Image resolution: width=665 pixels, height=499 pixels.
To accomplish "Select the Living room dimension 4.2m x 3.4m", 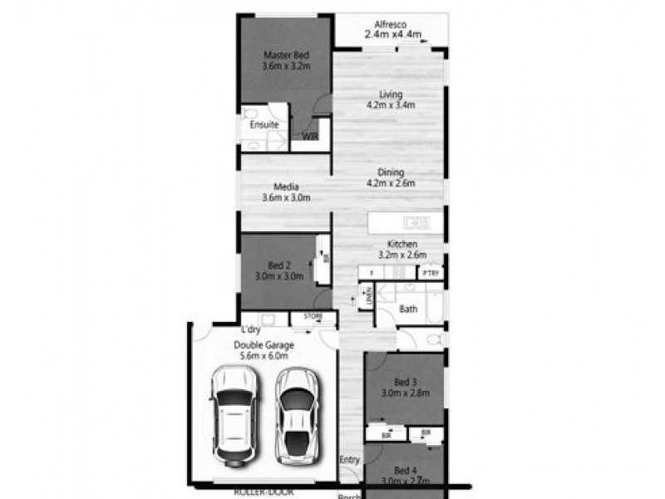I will [x=391, y=106].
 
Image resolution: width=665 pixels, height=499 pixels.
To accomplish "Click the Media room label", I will [x=285, y=186].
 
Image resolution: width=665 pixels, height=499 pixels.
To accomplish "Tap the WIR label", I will [x=310, y=136].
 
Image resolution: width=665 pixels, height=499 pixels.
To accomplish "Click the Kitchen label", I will [x=403, y=244].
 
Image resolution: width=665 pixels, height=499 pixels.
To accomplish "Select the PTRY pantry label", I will [x=430, y=273].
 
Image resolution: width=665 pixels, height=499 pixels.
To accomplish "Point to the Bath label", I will [x=408, y=309].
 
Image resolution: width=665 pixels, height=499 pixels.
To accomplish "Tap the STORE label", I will [x=313, y=317].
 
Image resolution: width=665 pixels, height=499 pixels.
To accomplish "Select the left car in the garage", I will [x=233, y=413].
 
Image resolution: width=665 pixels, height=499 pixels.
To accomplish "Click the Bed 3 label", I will [x=406, y=382].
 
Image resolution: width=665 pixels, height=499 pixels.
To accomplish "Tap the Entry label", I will [x=349, y=460].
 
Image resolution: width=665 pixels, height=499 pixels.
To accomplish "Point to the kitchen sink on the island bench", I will [x=415, y=222].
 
